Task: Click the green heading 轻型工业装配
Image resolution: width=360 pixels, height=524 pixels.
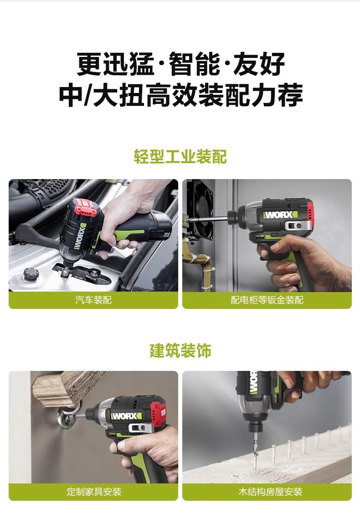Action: coord(180,156)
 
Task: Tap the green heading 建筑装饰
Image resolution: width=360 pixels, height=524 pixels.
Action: coord(180,350)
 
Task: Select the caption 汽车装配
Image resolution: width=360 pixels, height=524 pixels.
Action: coord(93,300)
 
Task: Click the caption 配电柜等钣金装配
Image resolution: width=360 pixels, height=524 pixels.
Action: coord(267,300)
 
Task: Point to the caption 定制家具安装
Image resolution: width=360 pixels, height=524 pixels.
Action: coord(94,492)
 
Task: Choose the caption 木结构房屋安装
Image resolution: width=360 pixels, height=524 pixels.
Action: coord(270,492)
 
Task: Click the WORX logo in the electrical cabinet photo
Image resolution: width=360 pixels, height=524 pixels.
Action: coord(280,215)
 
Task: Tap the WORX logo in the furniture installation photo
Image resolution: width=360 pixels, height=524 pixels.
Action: coord(127,416)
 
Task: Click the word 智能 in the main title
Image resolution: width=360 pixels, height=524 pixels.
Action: coord(194,64)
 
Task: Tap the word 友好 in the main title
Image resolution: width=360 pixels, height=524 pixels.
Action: coord(259,64)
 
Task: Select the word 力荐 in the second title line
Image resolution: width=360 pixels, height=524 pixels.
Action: coord(277,95)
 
